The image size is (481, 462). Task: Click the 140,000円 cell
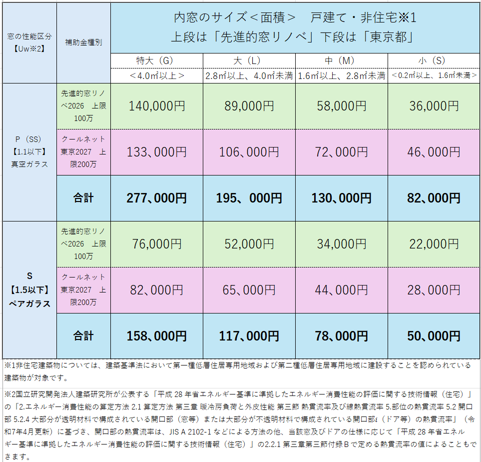pos(156,105)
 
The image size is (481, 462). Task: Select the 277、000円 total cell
pos(156,198)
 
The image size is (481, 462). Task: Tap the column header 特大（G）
pos(156,60)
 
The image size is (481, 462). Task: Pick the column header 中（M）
pos(341,60)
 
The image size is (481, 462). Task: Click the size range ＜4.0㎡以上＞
pos(156,76)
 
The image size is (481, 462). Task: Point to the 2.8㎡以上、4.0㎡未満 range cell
pos(249,76)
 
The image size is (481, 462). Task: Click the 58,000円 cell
pos(341,105)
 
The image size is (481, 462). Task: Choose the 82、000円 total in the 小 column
pos(433,198)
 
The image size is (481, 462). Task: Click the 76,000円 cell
pos(156,243)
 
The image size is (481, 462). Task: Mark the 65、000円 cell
pos(249,289)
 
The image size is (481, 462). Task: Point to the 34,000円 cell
pos(341,243)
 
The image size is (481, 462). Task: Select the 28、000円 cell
pos(433,289)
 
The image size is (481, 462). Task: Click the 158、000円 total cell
pos(156,336)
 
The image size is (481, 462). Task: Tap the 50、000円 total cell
pos(433,336)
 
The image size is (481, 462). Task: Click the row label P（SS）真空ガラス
pos(29,151)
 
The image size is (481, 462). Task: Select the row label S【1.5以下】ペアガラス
pos(29,289)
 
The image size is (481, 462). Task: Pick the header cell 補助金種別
pos(83,42)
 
